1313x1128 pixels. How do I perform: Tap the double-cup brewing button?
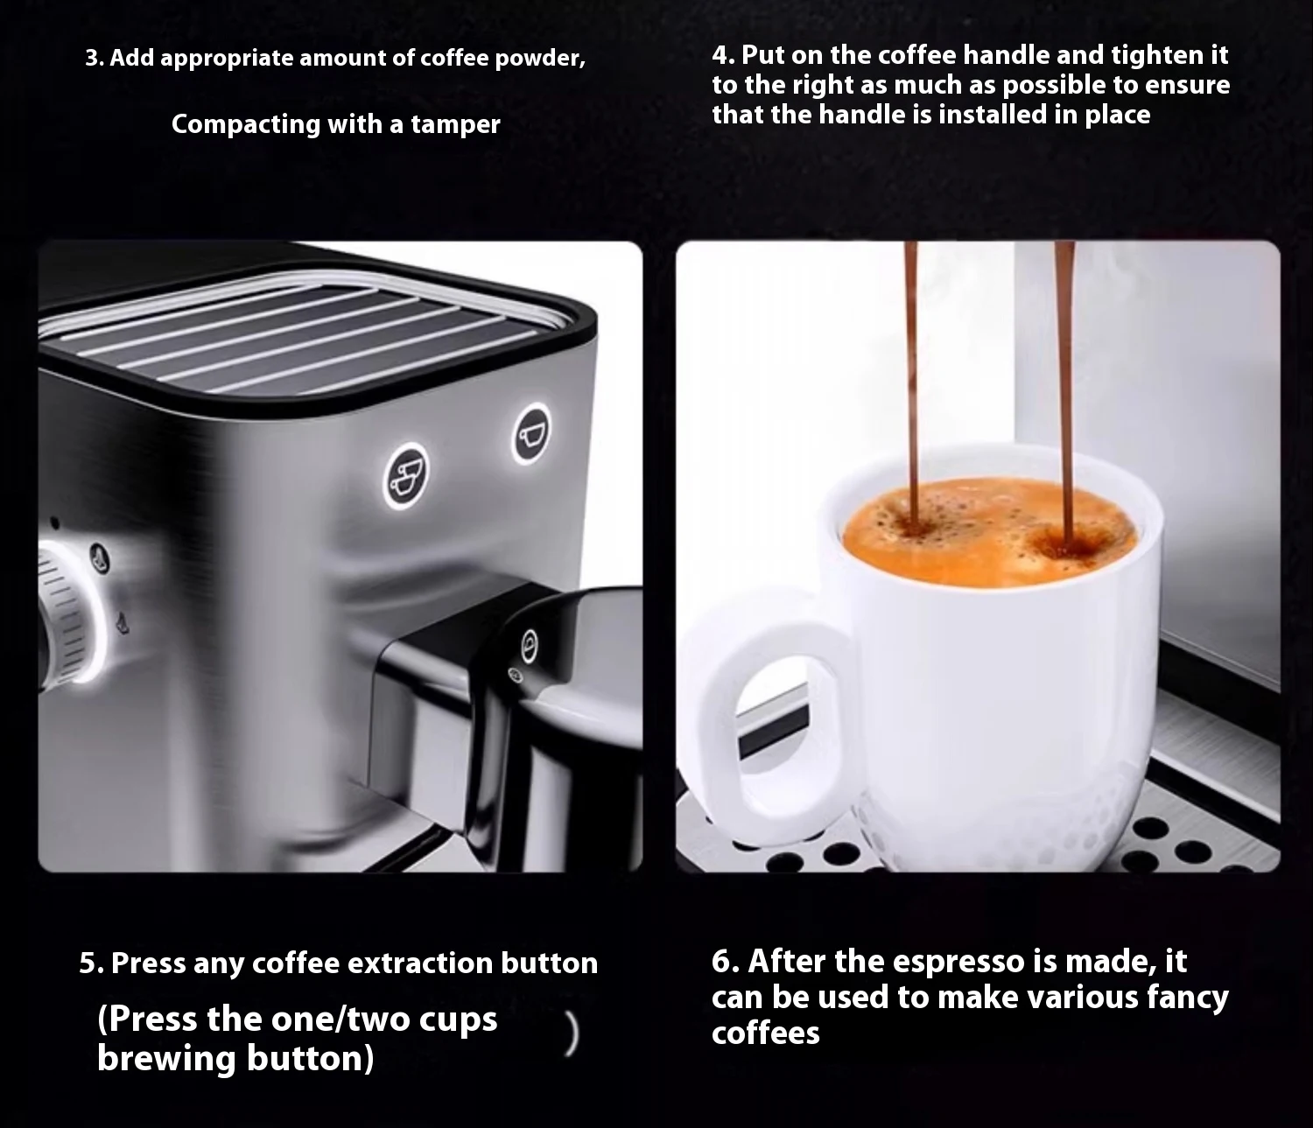pyautogui.click(x=406, y=476)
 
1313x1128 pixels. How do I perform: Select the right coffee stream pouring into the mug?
pyautogui.click(x=1064, y=394)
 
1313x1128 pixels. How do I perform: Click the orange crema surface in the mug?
pyautogui.click(x=988, y=531)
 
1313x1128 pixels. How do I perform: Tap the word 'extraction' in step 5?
pyautogui.click(x=420, y=963)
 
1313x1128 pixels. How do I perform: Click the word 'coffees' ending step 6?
pyautogui.click(x=765, y=1034)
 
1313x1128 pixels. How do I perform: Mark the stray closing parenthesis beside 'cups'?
pyautogui.click(x=572, y=1034)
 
